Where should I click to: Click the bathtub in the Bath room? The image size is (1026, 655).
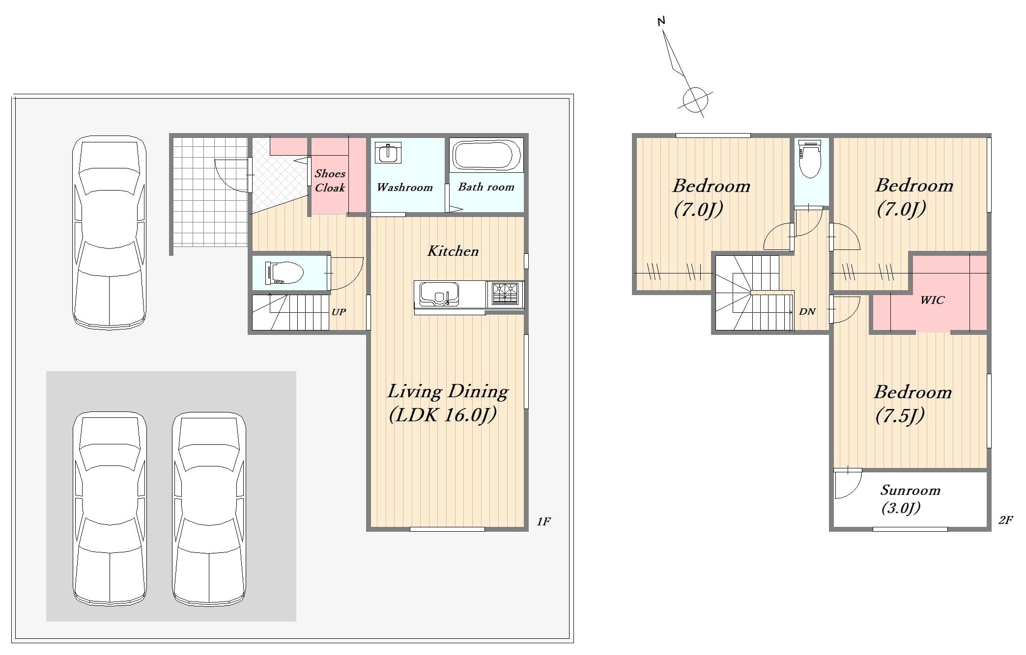(486, 155)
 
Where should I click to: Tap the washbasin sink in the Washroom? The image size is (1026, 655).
(388, 153)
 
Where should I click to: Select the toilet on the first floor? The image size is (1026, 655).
(284, 273)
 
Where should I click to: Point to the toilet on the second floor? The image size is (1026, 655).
(810, 159)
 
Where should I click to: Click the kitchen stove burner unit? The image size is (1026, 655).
(505, 294)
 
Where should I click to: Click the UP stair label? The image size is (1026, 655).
(339, 312)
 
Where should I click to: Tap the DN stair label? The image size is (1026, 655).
(807, 311)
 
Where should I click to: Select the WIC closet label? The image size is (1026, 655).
(932, 300)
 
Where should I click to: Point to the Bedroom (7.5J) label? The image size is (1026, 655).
(912, 404)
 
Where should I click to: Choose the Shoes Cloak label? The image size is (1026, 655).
(330, 180)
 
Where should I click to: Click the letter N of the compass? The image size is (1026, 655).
(661, 21)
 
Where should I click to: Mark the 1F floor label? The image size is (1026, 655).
(543, 521)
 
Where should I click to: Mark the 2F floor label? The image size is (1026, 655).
(1005, 519)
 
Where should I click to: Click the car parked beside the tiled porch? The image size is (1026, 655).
(109, 232)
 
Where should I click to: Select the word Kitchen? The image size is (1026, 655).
(453, 251)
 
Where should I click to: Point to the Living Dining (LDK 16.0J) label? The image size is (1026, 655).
(448, 403)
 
